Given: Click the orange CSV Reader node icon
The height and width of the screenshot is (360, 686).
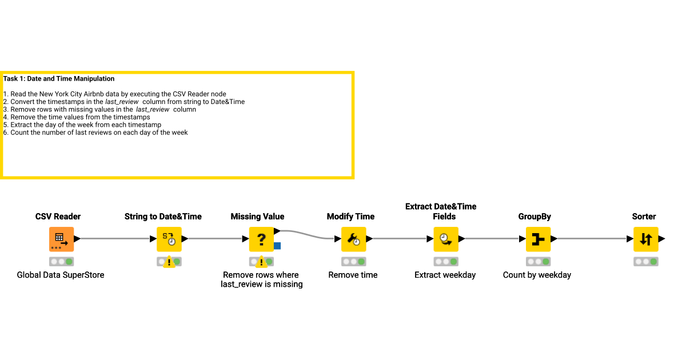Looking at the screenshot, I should point(61,239).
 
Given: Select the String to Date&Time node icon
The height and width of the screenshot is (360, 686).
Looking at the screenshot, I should point(169,239).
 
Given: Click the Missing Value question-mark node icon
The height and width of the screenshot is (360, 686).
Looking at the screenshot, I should point(261,239).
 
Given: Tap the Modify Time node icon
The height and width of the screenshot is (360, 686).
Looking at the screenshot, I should point(353,239).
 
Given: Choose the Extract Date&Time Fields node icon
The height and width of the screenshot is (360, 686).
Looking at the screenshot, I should point(446,239).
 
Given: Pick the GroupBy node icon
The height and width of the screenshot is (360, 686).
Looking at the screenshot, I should point(538,239).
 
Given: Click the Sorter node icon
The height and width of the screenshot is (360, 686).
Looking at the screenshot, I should point(645,239).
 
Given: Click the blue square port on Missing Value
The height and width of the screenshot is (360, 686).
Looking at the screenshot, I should point(277,246).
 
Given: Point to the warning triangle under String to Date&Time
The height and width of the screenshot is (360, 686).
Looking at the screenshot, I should point(169,262).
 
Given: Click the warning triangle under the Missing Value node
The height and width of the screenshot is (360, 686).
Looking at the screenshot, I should point(261,262).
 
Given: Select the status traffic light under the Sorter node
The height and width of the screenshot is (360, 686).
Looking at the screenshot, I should point(645,262).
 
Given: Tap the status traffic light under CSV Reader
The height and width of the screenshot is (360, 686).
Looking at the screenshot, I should point(61,262).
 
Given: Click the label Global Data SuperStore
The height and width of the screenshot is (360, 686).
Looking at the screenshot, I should point(61,275).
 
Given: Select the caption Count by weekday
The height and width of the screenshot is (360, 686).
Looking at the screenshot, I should point(537,275).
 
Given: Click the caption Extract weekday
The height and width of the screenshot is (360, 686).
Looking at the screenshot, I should point(445,275).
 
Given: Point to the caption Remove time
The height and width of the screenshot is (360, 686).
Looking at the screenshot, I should point(353,275).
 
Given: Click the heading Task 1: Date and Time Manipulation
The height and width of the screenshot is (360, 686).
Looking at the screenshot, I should point(59,79).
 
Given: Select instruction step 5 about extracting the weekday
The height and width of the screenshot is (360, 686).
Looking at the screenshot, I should point(82,125).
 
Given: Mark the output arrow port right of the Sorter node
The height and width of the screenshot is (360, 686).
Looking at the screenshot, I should point(662,239).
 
